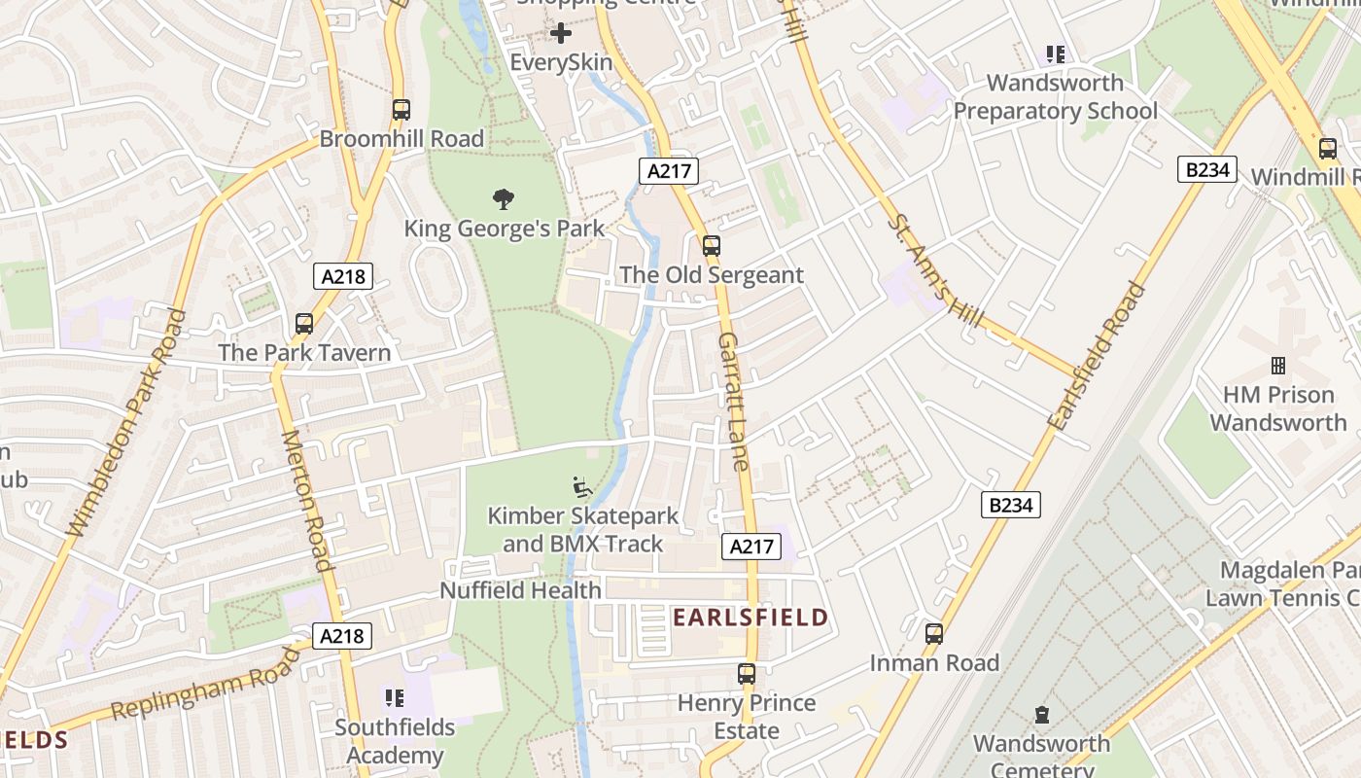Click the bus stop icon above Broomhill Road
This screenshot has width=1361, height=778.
pyautogui.click(x=401, y=110)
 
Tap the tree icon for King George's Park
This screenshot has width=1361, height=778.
pyautogui.click(x=504, y=200)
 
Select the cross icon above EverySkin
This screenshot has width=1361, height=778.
pyautogui.click(x=561, y=33)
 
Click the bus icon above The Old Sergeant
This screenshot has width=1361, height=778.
pyautogui.click(x=712, y=246)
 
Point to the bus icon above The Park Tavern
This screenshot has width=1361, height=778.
pyautogui.click(x=304, y=324)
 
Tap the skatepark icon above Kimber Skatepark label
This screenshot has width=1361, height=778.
pyautogui.click(x=582, y=486)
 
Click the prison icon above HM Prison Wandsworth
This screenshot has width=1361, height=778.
pyautogui.click(x=1278, y=366)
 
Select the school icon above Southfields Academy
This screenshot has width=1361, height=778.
pyautogui.click(x=394, y=697)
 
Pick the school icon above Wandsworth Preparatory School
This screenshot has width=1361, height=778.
pyautogui.click(x=1055, y=54)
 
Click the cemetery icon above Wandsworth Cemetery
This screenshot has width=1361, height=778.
pyautogui.click(x=1042, y=715)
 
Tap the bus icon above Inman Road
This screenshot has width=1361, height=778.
pyautogui.click(x=934, y=634)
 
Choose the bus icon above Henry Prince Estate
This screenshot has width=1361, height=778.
pyautogui.click(x=747, y=674)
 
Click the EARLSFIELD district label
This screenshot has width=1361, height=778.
pyautogui.click(x=750, y=618)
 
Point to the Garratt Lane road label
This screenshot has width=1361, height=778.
pyautogui.click(x=735, y=401)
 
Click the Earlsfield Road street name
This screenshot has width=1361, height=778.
pyautogui.click(x=1097, y=357)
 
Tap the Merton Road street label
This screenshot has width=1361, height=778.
pyautogui.click(x=306, y=500)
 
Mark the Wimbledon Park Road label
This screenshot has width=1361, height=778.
pyautogui.click(x=123, y=423)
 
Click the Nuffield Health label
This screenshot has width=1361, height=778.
pyautogui.click(x=520, y=590)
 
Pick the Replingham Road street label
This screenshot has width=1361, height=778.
pyautogui.click(x=207, y=692)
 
